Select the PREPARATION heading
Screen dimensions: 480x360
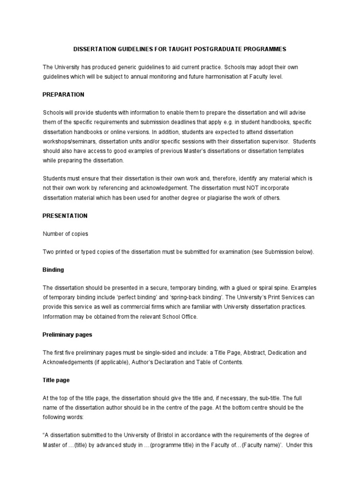coord(63,95)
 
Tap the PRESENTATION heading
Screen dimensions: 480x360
coord(65,216)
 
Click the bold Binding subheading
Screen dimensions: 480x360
coord(53,270)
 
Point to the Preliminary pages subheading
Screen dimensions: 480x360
coord(67,335)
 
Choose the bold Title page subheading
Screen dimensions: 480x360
coord(56,380)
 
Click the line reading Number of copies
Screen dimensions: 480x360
coord(65,234)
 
